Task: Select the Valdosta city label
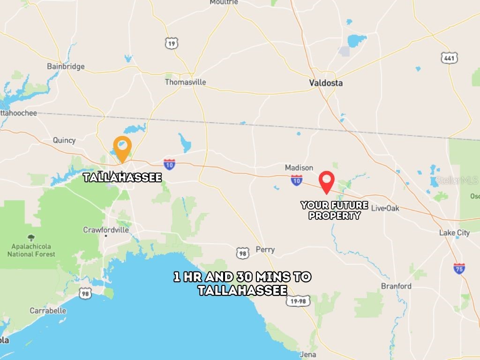click(x=326, y=83)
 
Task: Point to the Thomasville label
click(x=185, y=82)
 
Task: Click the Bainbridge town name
click(x=66, y=66)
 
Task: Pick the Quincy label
click(x=64, y=140)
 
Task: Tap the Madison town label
click(x=299, y=167)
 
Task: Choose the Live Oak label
click(x=385, y=208)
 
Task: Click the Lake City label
click(x=454, y=232)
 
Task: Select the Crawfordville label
click(x=106, y=230)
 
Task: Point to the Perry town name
click(x=265, y=249)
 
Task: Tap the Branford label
click(x=396, y=286)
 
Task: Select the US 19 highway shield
click(x=172, y=44)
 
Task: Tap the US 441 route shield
click(x=449, y=58)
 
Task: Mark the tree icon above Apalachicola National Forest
click(x=31, y=238)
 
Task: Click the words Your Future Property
click(x=334, y=210)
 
